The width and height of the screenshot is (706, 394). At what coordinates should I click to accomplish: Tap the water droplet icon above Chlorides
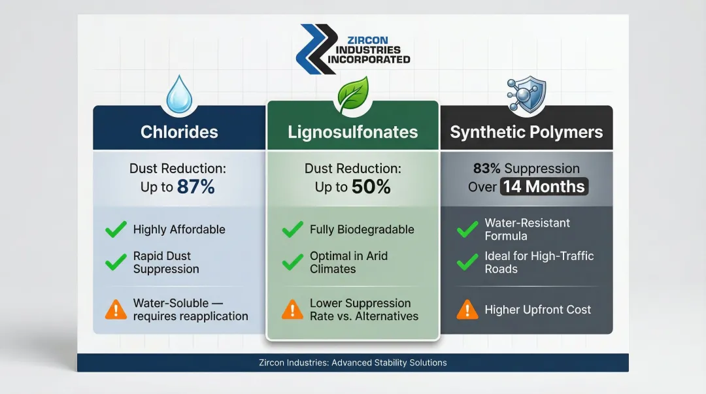(178, 93)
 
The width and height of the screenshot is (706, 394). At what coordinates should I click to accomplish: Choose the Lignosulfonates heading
(352, 132)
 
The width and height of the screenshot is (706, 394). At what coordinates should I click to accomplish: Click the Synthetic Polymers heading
(526, 132)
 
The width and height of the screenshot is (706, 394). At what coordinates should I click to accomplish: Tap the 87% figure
(195, 187)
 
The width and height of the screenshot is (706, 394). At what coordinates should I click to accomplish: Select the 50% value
(371, 187)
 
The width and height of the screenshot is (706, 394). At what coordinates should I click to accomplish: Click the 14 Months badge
(545, 187)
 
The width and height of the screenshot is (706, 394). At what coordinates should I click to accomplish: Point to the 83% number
(486, 169)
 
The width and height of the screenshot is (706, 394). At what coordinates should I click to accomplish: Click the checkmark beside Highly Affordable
(116, 229)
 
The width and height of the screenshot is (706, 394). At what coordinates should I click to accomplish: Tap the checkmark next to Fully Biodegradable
(292, 229)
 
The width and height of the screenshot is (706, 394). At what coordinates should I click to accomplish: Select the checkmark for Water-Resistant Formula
(467, 229)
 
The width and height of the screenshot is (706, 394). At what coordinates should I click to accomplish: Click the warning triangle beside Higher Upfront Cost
(467, 309)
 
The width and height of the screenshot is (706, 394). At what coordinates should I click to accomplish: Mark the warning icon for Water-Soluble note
(116, 310)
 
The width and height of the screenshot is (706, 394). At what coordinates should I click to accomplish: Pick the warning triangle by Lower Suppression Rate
(292, 310)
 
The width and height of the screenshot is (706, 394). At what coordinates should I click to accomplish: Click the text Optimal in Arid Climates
(348, 262)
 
